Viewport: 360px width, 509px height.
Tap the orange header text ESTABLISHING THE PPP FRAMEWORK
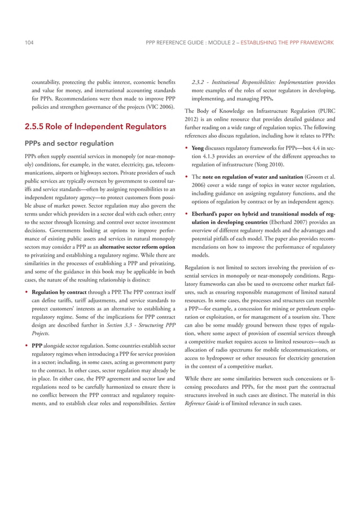[286, 42]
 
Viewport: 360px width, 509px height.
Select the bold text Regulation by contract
[60, 293]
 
